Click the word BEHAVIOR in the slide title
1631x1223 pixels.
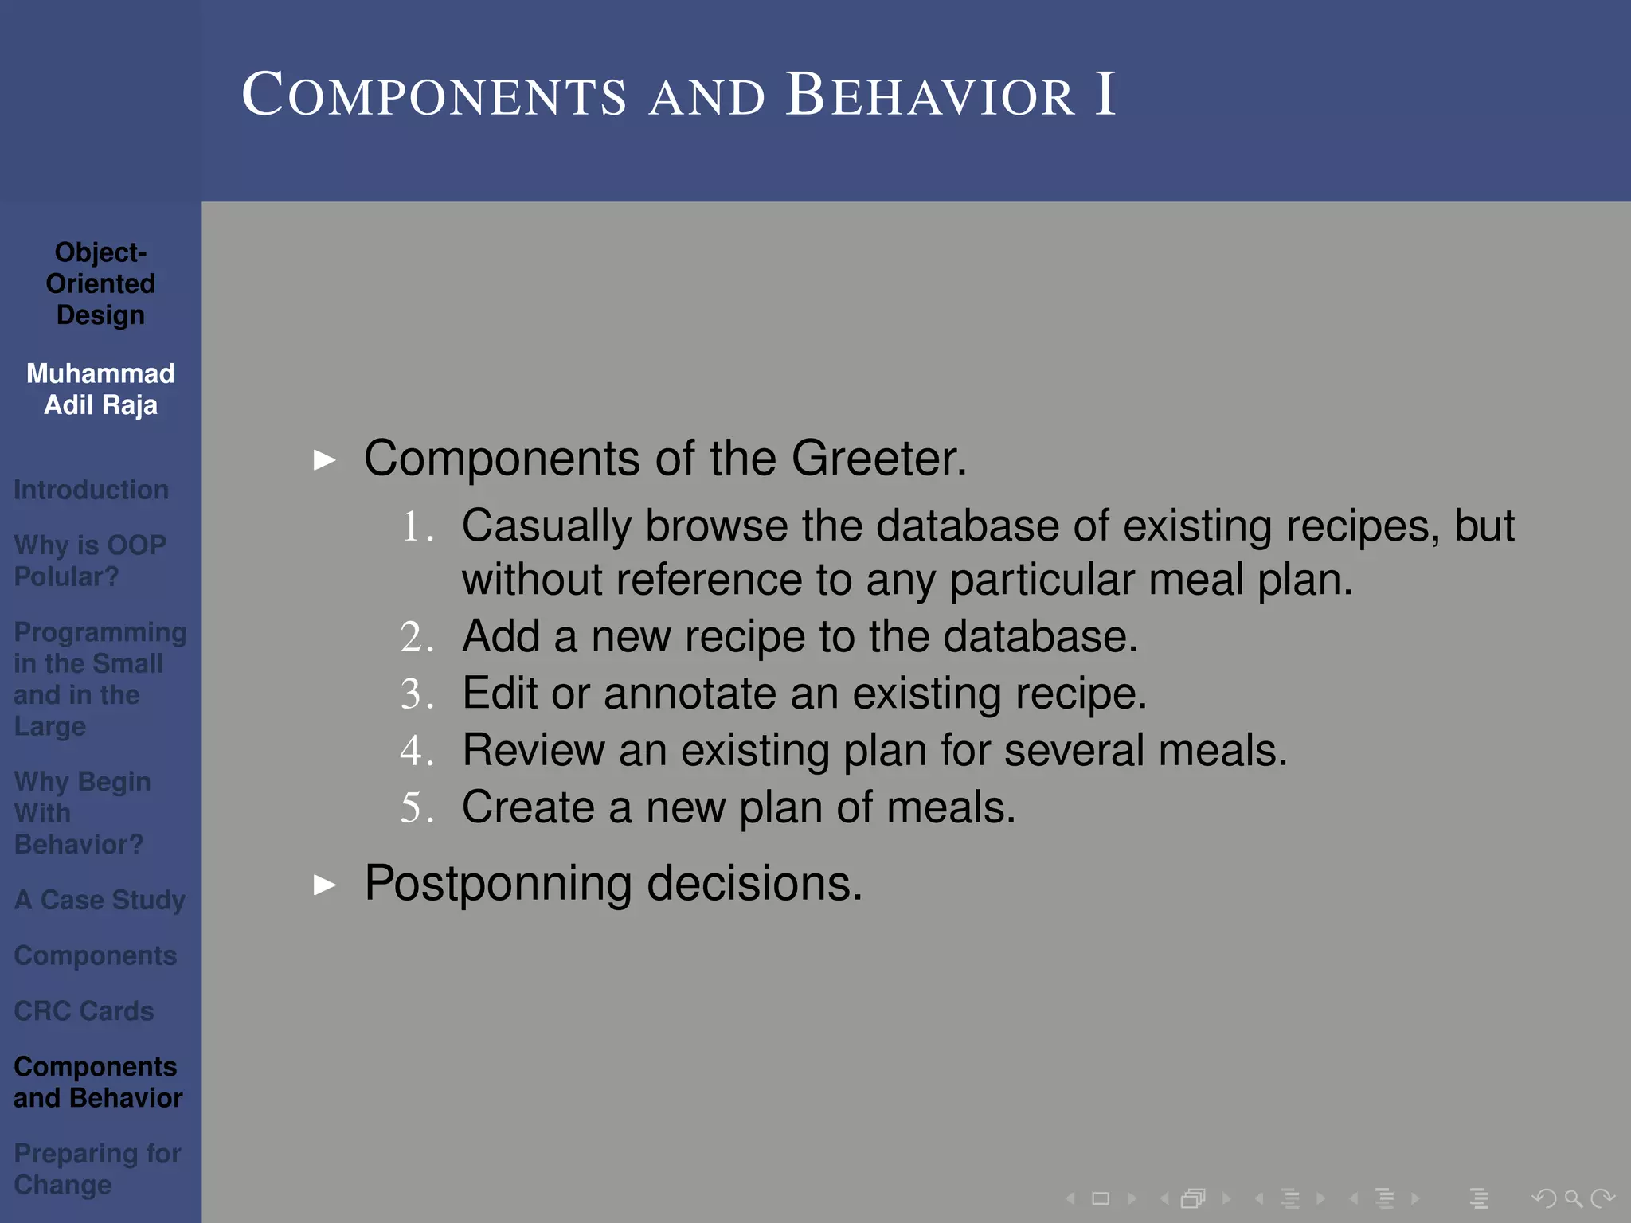click(930, 96)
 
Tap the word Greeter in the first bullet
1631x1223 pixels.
click(878, 459)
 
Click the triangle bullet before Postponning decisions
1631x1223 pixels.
click(324, 885)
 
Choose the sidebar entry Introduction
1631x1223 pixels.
click(91, 490)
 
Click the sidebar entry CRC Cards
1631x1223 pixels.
click(84, 1011)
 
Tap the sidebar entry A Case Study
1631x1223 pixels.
click(100, 900)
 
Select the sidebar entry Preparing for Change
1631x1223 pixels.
click(97, 1169)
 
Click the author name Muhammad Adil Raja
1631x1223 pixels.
click(100, 389)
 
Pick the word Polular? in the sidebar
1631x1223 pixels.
click(66, 576)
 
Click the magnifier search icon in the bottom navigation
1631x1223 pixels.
click(1573, 1198)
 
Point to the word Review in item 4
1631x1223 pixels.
click(534, 750)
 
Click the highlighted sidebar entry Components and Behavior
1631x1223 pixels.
click(97, 1082)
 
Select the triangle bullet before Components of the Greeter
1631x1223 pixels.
click(324, 459)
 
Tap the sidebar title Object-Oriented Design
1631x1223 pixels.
click(100, 283)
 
